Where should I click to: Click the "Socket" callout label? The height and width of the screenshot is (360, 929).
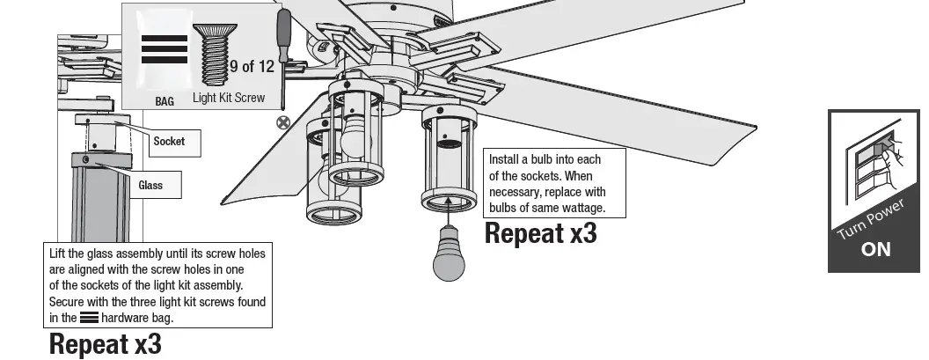(x=169, y=141)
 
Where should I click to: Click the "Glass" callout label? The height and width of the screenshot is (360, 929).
(x=150, y=186)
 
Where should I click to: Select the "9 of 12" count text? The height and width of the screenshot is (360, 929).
(x=252, y=66)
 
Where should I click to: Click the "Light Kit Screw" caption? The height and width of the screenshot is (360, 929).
(x=229, y=99)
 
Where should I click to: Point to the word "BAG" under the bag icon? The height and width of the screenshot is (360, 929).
(x=165, y=101)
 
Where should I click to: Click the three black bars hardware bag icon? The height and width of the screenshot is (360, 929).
(x=165, y=49)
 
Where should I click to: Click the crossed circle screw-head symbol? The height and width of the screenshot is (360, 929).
(x=283, y=122)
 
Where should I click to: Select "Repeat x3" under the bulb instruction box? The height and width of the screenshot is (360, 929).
(x=540, y=234)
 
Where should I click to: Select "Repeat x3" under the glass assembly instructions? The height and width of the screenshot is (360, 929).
(x=105, y=343)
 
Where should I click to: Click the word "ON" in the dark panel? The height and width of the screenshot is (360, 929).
(x=875, y=249)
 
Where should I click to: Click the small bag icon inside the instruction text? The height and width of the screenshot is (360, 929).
(x=89, y=318)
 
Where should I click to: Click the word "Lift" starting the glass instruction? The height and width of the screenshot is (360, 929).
(x=59, y=253)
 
